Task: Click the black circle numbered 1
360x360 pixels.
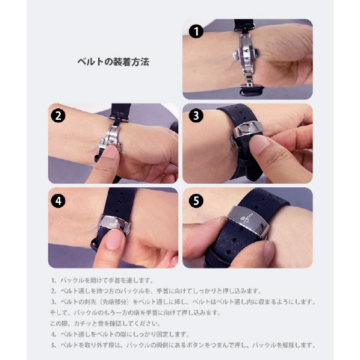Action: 196,31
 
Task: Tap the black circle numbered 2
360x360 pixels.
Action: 58,115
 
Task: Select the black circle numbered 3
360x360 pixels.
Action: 196,115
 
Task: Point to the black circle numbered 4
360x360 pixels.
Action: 58,201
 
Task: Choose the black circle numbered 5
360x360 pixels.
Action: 196,201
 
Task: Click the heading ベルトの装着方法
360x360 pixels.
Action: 113,62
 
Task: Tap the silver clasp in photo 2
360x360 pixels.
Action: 111,138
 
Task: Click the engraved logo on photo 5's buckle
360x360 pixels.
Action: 245,218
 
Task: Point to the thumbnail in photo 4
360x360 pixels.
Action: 114,239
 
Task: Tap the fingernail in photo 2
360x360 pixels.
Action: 110,152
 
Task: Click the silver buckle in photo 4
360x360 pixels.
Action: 114,224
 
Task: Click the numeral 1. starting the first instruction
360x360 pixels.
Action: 54,281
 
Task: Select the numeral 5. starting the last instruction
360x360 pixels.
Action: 54,345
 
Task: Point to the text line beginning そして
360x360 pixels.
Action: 135,312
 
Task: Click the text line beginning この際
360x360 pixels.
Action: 105,323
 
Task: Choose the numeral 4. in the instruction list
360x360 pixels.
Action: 54,334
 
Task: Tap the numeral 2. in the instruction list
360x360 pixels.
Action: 54,291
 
